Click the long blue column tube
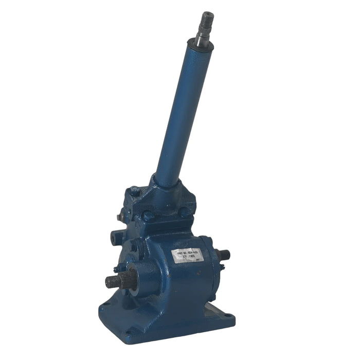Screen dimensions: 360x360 point(183,113)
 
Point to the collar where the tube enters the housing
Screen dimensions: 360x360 point(166,183)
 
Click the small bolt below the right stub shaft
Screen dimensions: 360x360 point(222,266)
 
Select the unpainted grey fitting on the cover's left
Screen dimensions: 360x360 point(120,217)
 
